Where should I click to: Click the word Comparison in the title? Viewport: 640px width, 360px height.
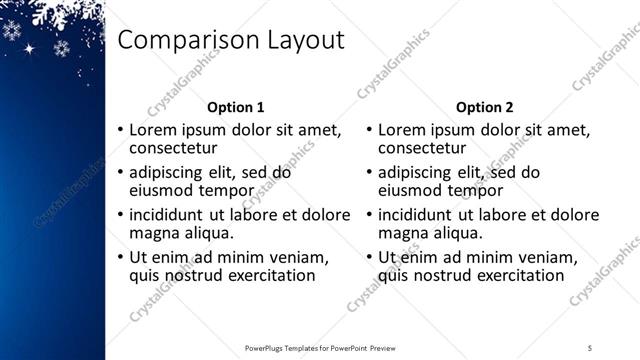click(185, 41)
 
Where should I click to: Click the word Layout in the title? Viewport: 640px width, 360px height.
click(300, 41)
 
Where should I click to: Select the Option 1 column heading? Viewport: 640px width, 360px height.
click(235, 107)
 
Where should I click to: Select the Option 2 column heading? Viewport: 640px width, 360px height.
click(484, 107)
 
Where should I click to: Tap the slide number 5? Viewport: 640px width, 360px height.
click(590, 347)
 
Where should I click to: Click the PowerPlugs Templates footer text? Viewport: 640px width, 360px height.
click(320, 347)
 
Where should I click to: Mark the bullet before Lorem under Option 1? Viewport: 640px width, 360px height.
click(120, 131)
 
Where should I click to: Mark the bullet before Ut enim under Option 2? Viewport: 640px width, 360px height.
click(369, 257)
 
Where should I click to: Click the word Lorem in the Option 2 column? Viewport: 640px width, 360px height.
click(405, 130)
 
